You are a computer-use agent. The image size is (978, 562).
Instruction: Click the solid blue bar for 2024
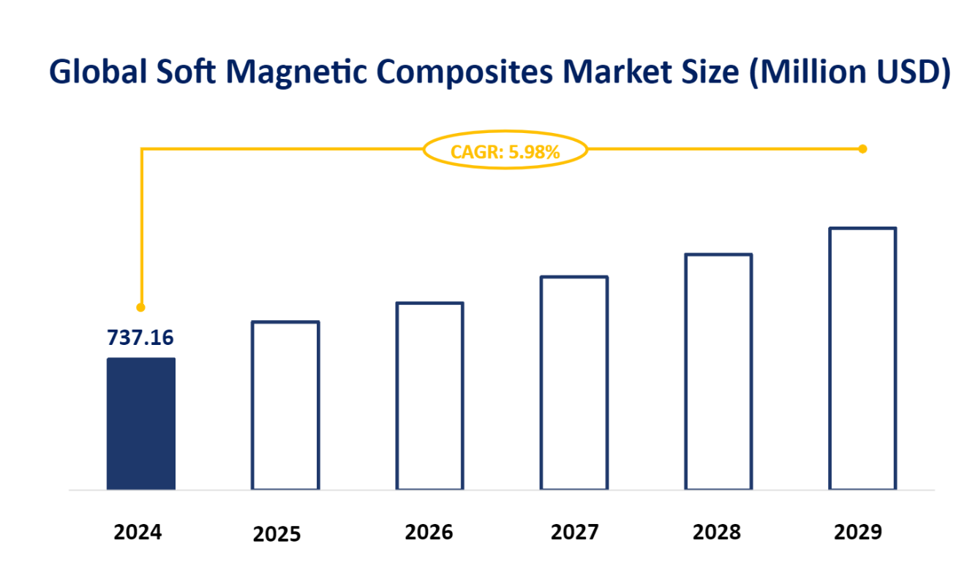point(141,423)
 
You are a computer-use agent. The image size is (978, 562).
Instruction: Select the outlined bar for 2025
point(285,405)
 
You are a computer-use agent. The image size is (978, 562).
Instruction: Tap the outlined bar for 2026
point(429,395)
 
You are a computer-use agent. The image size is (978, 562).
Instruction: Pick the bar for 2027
point(574,382)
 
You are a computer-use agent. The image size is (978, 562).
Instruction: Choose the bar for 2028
point(718,371)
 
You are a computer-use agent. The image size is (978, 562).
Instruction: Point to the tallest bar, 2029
point(862,358)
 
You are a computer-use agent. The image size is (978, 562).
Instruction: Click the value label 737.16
point(140,338)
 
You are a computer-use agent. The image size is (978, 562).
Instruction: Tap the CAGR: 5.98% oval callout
point(505,152)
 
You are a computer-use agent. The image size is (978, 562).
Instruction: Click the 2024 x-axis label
point(138,531)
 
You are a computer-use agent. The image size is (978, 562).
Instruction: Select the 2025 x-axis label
point(277,533)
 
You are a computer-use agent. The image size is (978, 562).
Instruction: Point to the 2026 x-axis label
point(429,531)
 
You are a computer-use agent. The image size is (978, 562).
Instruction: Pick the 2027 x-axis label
point(575,531)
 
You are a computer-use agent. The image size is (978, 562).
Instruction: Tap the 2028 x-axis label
point(716,531)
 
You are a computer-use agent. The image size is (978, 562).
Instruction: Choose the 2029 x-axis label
point(858,531)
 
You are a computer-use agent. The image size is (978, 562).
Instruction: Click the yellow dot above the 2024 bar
point(141,308)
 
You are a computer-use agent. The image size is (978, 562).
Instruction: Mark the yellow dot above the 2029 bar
point(862,149)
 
